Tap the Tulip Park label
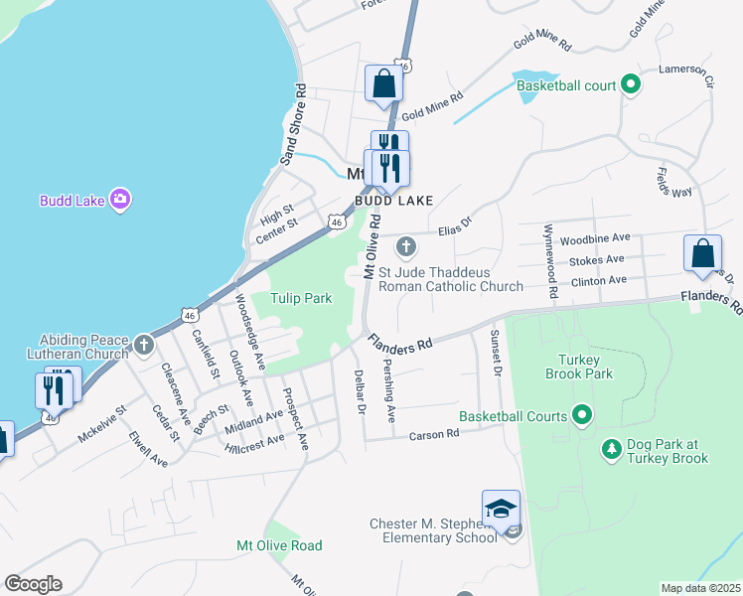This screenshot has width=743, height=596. pyautogui.click(x=302, y=298)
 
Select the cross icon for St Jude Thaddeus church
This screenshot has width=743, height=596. pyautogui.click(x=405, y=245)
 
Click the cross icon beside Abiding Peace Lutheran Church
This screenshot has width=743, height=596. pyautogui.click(x=144, y=345)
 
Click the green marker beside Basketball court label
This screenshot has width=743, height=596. pyautogui.click(x=630, y=85)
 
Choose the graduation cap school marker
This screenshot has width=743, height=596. pyautogui.click(x=502, y=508)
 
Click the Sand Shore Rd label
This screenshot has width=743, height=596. pyautogui.click(x=294, y=123)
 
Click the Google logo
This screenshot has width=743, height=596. pyautogui.click(x=33, y=584)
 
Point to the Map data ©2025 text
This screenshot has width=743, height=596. pyautogui.click(x=701, y=588)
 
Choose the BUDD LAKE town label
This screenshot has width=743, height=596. pyautogui.click(x=394, y=201)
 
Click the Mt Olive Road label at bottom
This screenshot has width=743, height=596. pyautogui.click(x=279, y=545)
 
